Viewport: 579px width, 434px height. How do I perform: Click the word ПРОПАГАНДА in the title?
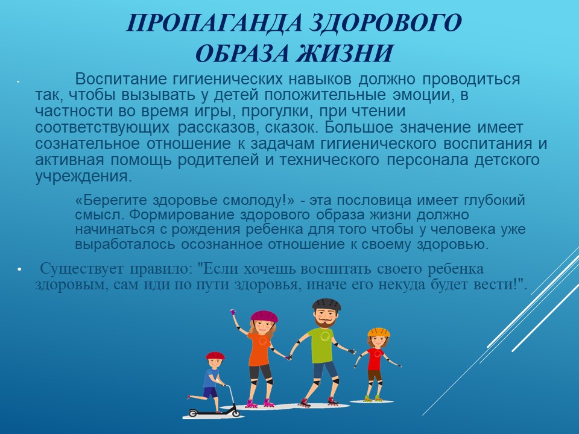[x=214, y=23]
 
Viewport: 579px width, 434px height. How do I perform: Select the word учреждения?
[x=83, y=177]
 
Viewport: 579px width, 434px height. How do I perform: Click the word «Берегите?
[x=111, y=200]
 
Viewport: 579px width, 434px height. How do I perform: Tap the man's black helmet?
[x=326, y=304]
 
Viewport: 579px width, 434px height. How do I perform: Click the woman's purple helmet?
[x=264, y=316]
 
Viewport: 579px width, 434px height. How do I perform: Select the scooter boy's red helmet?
[x=215, y=356]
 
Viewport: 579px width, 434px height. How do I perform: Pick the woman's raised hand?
[x=233, y=312]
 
